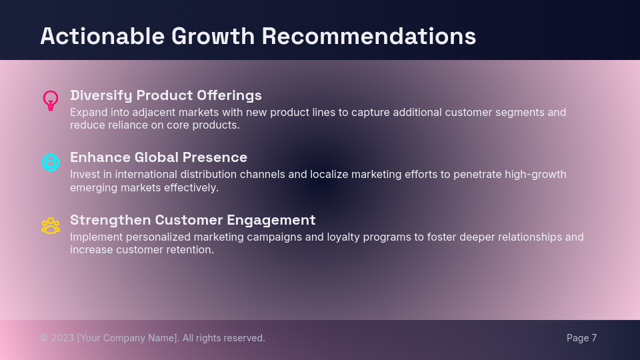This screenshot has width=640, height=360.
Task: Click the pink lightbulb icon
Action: coord(51,101)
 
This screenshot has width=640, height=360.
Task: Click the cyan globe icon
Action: coord(51,162)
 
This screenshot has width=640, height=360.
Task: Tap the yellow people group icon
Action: coord(51,226)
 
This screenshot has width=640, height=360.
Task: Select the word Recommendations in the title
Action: coord(369,36)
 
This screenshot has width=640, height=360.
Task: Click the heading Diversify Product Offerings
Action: coord(166,95)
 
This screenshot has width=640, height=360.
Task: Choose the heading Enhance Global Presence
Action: coord(159,157)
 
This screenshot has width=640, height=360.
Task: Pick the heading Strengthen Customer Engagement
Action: coord(193,220)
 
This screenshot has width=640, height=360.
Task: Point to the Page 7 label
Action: coord(581,338)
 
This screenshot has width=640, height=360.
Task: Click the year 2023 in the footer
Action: coord(63,338)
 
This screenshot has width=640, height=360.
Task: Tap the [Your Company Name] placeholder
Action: coord(128,338)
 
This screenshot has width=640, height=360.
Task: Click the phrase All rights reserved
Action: coord(223,338)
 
